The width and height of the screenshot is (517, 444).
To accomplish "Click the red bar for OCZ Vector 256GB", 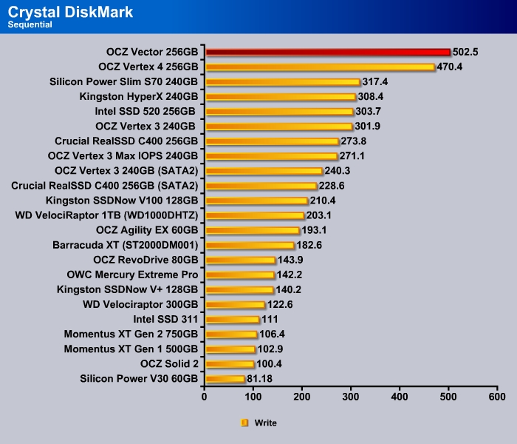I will point(327,52).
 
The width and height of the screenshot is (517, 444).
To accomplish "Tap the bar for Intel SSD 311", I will point(232,319).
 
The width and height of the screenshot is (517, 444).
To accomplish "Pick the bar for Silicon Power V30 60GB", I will point(225,379).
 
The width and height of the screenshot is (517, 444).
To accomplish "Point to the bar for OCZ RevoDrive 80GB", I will point(240,260).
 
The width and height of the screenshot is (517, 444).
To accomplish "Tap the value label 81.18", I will point(262,379).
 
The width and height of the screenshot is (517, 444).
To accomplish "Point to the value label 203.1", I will point(320,215).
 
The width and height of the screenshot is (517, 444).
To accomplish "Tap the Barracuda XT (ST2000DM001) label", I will point(125,245).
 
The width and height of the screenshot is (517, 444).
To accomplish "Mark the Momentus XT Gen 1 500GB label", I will point(131,349).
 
